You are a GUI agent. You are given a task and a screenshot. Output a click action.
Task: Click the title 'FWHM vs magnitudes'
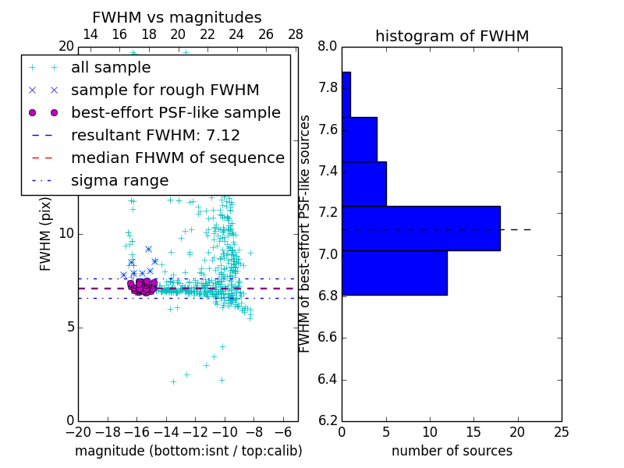[x=177, y=17]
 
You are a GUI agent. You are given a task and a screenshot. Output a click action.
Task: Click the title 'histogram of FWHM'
[x=452, y=36]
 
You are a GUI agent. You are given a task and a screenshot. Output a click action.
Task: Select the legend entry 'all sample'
[x=111, y=68]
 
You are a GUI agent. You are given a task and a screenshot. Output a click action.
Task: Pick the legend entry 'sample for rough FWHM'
[x=165, y=90]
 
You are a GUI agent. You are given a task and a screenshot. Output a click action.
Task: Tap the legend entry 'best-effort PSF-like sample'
[x=175, y=113]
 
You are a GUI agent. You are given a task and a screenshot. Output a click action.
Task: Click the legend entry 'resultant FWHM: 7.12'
[x=155, y=136]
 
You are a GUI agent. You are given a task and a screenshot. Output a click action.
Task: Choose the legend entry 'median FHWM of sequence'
[x=177, y=158]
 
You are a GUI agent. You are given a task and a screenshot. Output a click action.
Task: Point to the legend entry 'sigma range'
[x=119, y=181]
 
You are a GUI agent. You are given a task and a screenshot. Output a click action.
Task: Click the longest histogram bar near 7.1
[x=421, y=228]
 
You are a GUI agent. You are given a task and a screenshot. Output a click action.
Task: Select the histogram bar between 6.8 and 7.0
[x=395, y=273]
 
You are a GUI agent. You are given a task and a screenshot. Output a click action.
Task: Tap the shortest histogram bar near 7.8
[x=346, y=94]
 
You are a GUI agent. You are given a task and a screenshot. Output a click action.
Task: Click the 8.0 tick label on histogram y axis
[x=328, y=46]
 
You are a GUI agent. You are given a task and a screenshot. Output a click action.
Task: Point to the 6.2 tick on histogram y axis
[x=328, y=421]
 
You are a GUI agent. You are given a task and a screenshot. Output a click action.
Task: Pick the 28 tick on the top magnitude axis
[x=296, y=34]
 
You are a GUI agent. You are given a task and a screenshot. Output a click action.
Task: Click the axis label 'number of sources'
[x=452, y=451]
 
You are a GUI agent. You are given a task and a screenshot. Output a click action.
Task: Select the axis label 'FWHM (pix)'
[x=46, y=233]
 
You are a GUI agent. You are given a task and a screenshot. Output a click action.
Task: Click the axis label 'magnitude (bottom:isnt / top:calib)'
[x=188, y=451]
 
